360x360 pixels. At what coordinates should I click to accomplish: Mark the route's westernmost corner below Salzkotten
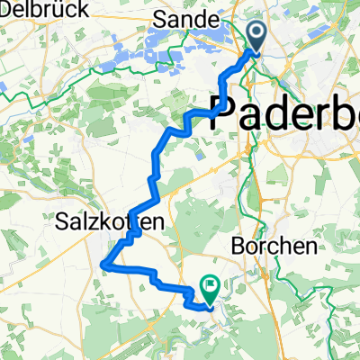click(x=104, y=264)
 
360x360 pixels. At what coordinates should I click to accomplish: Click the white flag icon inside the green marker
click(x=211, y=288)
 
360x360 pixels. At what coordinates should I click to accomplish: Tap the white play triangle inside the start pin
click(x=257, y=36)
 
